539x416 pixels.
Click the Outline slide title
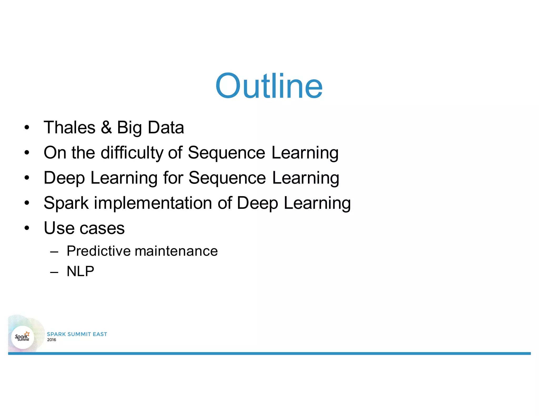269,86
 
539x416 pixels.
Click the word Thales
69,128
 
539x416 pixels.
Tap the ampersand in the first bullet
106,128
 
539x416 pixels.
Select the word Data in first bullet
166,128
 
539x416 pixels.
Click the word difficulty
132,153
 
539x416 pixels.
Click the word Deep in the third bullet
64,178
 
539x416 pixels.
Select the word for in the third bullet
173,178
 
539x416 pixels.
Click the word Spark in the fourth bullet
66,203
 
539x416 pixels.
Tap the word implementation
153,203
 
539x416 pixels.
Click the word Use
58,228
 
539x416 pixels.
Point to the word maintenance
176,251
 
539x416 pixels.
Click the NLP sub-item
80,271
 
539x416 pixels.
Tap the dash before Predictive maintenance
54,252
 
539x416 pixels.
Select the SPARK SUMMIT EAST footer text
77,334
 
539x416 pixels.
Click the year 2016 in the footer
52,340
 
